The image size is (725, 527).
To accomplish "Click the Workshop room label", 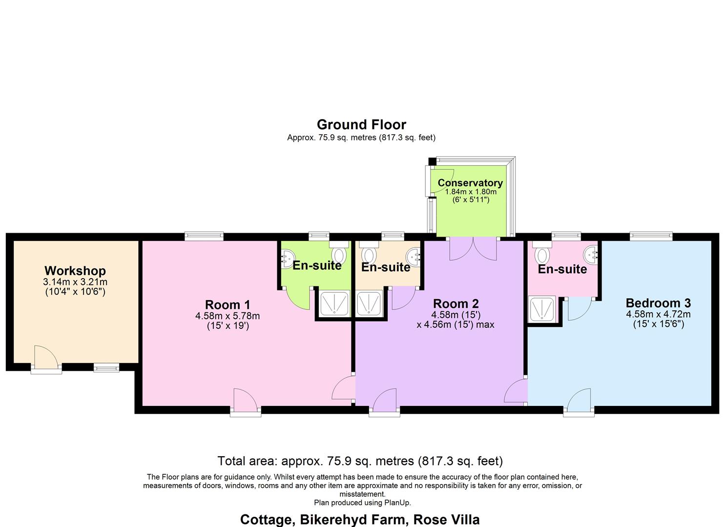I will click(x=75, y=271).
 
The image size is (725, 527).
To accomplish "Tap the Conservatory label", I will click(x=470, y=183).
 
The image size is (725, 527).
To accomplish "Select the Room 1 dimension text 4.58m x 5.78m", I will click(x=228, y=316).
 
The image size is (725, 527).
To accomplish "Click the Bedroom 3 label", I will click(x=658, y=303).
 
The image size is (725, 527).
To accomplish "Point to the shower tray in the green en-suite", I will click(x=334, y=303).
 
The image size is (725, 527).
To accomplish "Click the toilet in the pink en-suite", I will click(x=542, y=254).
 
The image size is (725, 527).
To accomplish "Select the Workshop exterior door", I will click(x=46, y=359).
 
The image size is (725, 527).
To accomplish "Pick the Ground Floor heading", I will click(x=361, y=124).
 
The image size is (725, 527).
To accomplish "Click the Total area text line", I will click(x=360, y=461).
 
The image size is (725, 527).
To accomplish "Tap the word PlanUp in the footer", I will click(x=397, y=503).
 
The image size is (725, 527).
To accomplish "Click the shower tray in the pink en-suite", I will click(x=543, y=309).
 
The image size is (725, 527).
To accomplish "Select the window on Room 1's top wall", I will click(x=204, y=237).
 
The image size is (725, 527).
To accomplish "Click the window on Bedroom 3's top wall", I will click(x=651, y=237).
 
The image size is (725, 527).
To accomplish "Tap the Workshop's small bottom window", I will click(x=106, y=367).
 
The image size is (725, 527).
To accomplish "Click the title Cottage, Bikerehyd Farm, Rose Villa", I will click(x=360, y=520).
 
